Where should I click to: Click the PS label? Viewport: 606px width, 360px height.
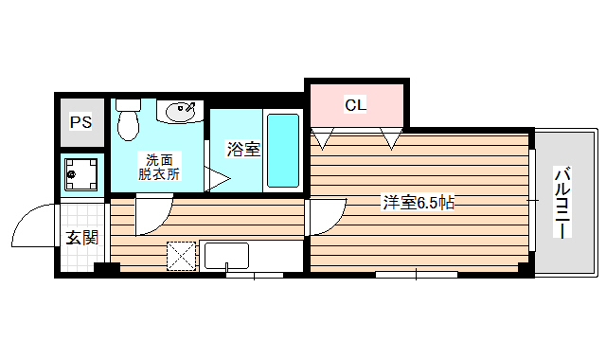tap(81, 123)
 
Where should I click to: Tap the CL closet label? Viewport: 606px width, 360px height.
tap(355, 104)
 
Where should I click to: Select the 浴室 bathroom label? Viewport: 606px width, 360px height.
tap(242, 149)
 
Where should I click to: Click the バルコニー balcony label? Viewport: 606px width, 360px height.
tap(561, 203)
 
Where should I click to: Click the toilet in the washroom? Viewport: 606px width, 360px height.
tap(127, 121)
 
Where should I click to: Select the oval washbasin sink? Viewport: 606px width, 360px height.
tap(182, 113)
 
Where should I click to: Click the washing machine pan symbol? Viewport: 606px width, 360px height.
tap(82, 173)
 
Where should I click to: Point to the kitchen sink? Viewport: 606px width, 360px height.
tap(226, 255)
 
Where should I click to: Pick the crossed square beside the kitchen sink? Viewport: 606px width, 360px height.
tap(180, 256)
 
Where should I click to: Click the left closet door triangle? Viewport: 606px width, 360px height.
tap(323, 140)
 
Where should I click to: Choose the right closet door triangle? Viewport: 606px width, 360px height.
tap(391, 140)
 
